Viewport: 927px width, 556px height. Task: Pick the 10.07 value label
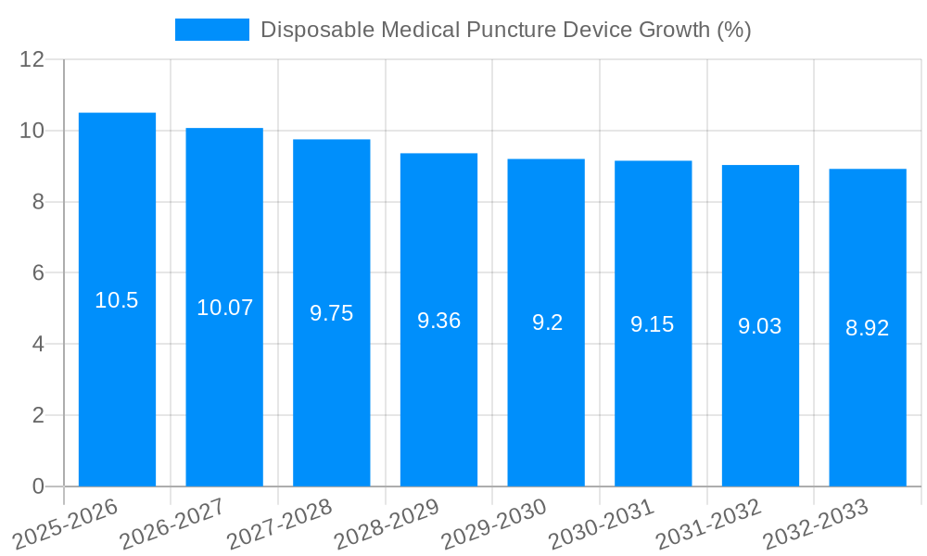click(224, 308)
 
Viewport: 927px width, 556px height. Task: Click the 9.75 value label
click(332, 313)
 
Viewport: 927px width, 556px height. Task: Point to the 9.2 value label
click(547, 322)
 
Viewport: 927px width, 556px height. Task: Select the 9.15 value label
click(653, 324)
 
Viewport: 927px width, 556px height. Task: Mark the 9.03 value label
click(760, 326)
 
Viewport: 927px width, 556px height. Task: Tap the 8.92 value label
click(867, 328)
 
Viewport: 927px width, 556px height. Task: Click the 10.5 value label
click(117, 300)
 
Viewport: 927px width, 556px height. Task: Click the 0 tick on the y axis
click(38, 486)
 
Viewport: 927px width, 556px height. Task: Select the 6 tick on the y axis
click(38, 273)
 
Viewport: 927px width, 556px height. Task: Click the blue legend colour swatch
click(212, 30)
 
